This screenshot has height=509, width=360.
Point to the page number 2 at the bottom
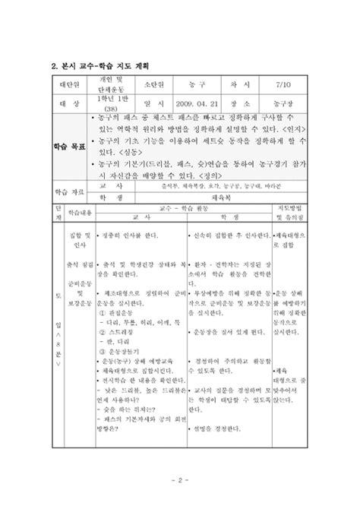(x=179, y=480)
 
